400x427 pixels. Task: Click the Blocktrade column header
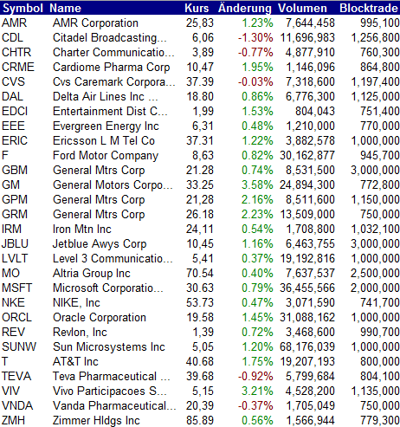(369, 8)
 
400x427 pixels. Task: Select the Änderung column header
(245, 8)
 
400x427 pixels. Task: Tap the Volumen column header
(302, 8)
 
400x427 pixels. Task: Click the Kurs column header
(197, 8)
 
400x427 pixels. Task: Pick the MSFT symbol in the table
(16, 288)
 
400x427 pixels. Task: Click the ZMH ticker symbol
(13, 420)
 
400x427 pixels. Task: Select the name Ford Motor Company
(106, 156)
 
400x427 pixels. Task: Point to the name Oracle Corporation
(100, 318)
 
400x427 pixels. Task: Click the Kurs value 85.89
(200, 420)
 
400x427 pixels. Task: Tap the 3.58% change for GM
(257, 184)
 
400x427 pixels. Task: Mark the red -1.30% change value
(255, 37)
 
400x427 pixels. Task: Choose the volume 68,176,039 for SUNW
(307, 346)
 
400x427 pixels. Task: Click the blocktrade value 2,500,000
(375, 273)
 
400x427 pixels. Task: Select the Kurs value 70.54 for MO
(200, 273)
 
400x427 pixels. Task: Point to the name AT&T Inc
(75, 361)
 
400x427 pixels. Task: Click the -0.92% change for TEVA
(255, 376)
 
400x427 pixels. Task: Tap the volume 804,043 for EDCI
(315, 111)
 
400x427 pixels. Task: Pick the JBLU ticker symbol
(15, 243)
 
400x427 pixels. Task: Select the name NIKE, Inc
(76, 303)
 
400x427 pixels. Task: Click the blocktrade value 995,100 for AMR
(380, 23)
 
